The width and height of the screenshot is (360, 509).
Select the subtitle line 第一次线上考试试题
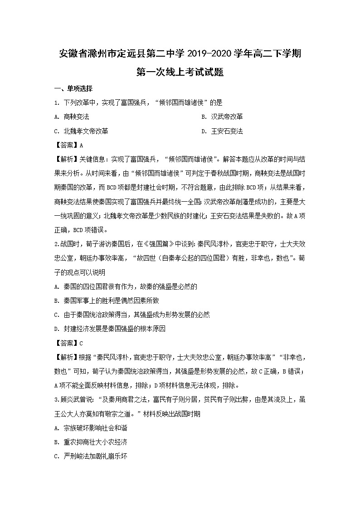pyautogui.click(x=180, y=72)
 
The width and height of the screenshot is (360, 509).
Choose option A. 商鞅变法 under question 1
pyautogui.click(x=71, y=117)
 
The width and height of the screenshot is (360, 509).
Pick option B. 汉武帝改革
pyautogui.click(x=222, y=117)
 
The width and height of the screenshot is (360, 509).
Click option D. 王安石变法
pyautogui.click(x=222, y=131)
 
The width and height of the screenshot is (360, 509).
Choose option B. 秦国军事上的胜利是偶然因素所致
pyautogui.click(x=106, y=301)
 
